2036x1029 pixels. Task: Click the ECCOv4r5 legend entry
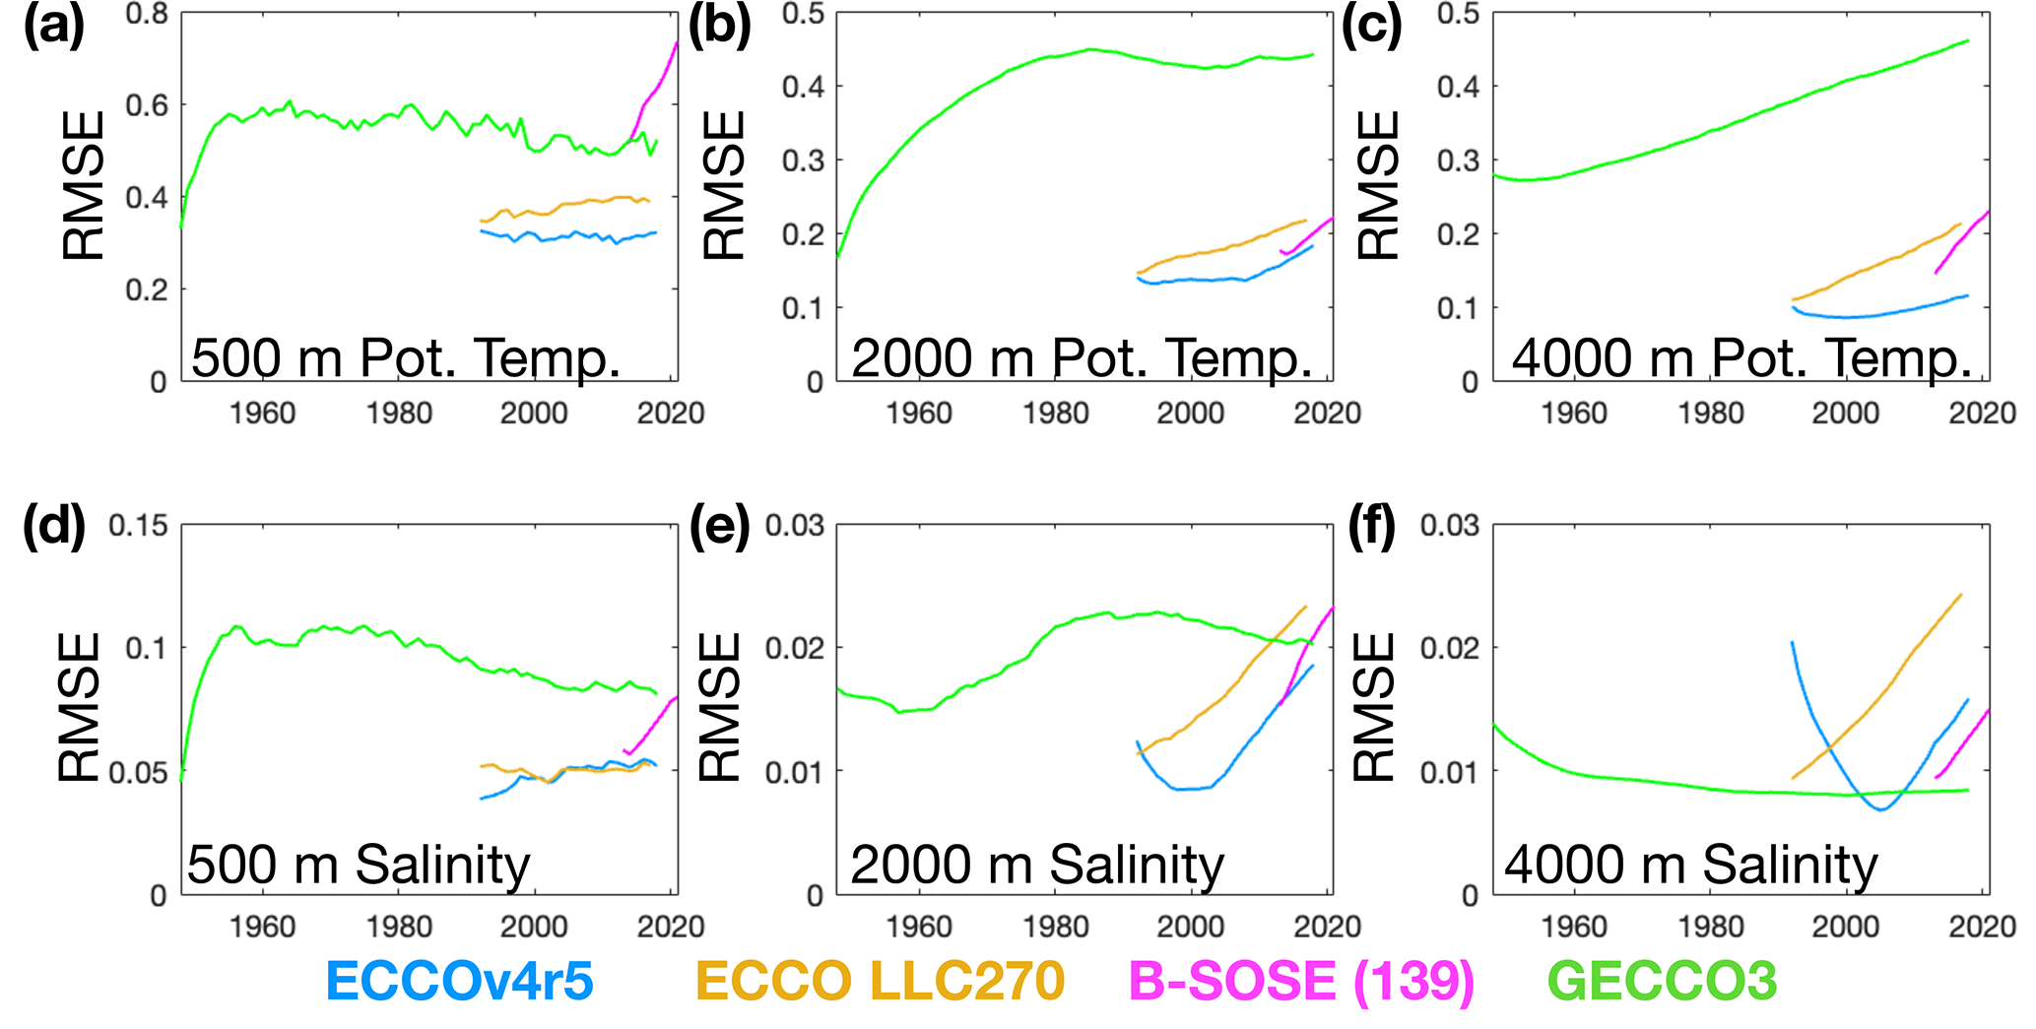(x=459, y=981)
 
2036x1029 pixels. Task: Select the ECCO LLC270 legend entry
(x=880, y=981)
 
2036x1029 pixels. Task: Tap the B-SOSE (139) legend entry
(x=1300, y=981)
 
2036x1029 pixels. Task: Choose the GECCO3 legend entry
(x=1662, y=981)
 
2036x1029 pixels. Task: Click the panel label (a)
(x=54, y=27)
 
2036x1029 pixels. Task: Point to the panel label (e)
(x=719, y=528)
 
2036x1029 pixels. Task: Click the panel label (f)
(x=1371, y=528)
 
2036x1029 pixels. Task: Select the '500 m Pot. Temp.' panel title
(x=406, y=357)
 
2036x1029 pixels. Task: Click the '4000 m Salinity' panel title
(x=1690, y=866)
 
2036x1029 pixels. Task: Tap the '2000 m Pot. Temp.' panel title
(x=1082, y=357)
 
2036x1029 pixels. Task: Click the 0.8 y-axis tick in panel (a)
(x=147, y=15)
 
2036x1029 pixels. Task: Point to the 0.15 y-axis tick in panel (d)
(x=138, y=526)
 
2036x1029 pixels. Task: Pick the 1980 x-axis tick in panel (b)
(x=1055, y=414)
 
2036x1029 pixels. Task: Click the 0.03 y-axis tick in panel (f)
(x=1449, y=526)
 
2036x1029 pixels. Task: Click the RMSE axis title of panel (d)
(x=80, y=707)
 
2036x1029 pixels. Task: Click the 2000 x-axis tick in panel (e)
(x=1191, y=927)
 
